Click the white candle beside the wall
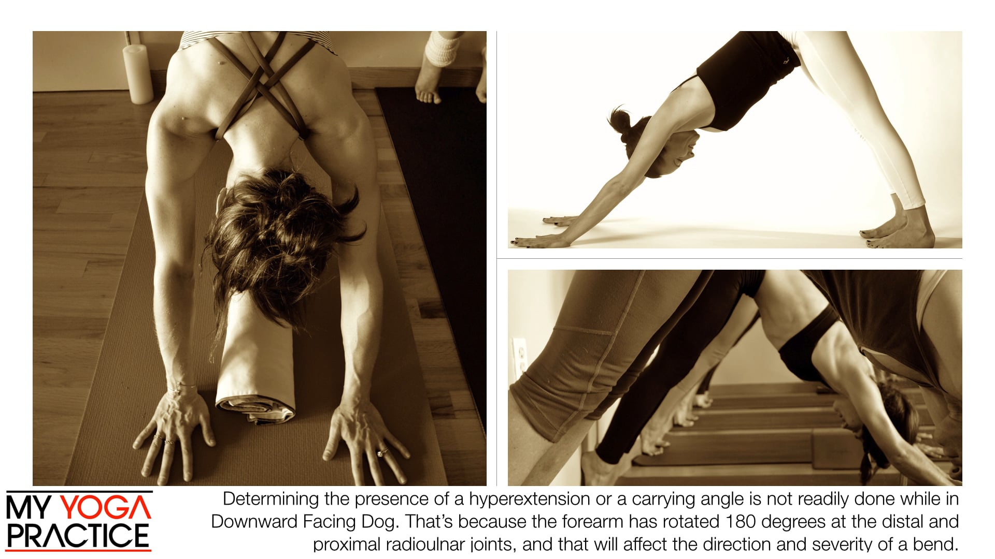tap(138, 73)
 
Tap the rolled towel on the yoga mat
tap(255, 362)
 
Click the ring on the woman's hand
tap(382, 452)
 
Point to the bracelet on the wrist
tap(182, 386)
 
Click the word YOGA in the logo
tap(107, 508)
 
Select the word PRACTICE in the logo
tap(78, 536)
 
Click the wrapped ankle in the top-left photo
tap(442, 48)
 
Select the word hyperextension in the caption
tap(529, 499)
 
